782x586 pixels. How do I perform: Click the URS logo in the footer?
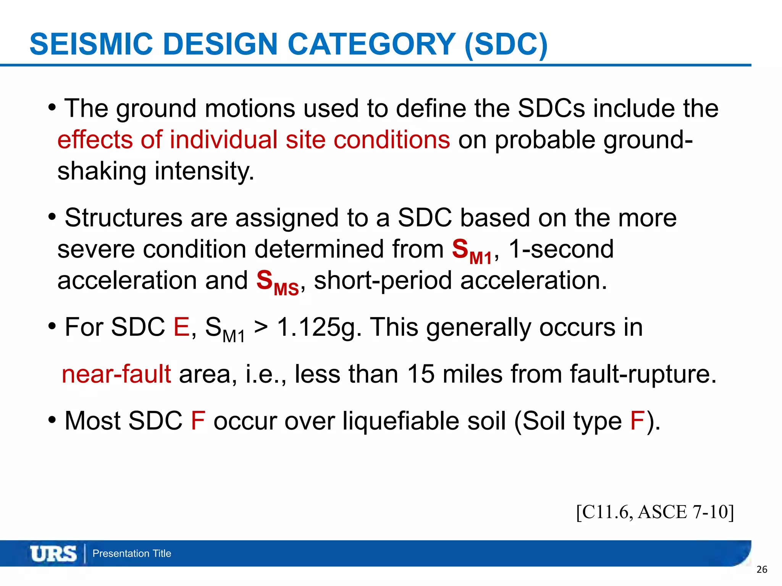tap(53, 554)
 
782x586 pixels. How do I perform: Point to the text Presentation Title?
tap(132, 554)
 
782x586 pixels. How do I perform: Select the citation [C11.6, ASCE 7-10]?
tap(655, 512)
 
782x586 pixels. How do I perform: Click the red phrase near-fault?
tap(116, 374)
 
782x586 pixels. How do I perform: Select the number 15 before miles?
tap(420, 374)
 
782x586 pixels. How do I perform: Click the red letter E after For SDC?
tap(181, 327)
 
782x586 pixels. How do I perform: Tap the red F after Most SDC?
tap(198, 421)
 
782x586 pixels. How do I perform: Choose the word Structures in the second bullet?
tap(123, 218)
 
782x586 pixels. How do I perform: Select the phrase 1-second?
tap(561, 249)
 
